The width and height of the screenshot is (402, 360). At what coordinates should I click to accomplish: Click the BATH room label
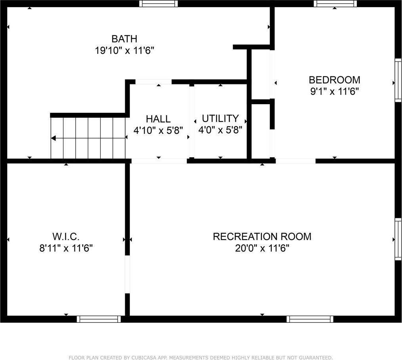coord(124,39)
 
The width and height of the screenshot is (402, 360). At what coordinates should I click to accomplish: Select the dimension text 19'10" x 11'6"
coord(124,51)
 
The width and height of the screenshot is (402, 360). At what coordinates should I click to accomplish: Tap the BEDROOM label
coord(334,80)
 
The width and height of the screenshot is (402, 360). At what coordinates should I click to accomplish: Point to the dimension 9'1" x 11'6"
coord(334,92)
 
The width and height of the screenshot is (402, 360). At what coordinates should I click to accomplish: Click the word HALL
coord(158,119)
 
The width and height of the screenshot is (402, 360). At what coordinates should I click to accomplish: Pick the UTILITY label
coord(220,118)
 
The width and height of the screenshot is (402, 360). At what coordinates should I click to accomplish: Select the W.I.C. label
coord(66,237)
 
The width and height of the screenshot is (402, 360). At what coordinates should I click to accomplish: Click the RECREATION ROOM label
coord(262,237)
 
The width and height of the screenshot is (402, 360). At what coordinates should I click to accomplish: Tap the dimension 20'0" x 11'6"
coord(262,249)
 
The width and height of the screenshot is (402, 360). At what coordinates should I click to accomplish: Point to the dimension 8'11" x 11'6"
coord(66,249)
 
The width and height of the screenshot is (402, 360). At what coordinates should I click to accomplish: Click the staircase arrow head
coord(53,138)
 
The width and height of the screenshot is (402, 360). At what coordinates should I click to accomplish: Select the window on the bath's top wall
coord(158,4)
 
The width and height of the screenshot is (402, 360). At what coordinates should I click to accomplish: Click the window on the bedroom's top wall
coord(335,4)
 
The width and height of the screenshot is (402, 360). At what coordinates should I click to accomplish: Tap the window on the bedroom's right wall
coord(398,80)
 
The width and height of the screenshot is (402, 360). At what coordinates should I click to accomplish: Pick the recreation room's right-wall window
coord(398,239)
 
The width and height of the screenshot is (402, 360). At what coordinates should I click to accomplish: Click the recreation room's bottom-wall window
coord(310,319)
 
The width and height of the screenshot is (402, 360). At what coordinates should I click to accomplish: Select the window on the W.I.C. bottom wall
coord(99,319)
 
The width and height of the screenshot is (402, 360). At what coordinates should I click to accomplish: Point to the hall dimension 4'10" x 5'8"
coord(158,130)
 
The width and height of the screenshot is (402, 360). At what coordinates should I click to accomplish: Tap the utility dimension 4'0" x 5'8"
coord(220,130)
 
